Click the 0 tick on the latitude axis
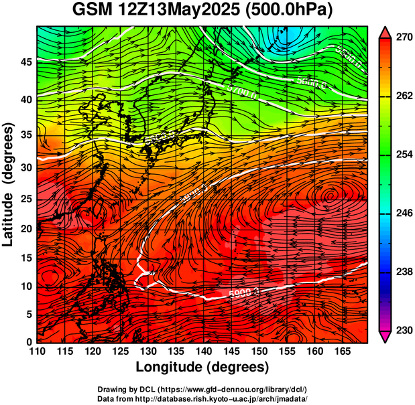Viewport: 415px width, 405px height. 29,342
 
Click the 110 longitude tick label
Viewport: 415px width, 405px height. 37,351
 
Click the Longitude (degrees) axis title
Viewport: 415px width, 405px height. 202,367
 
